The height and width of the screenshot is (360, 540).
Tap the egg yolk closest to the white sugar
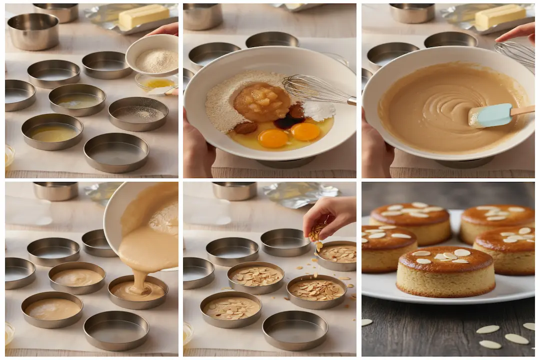(x=305, y=131)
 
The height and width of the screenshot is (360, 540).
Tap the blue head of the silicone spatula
(x=492, y=115)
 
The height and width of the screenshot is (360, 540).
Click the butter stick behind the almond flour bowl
(x=143, y=17)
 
